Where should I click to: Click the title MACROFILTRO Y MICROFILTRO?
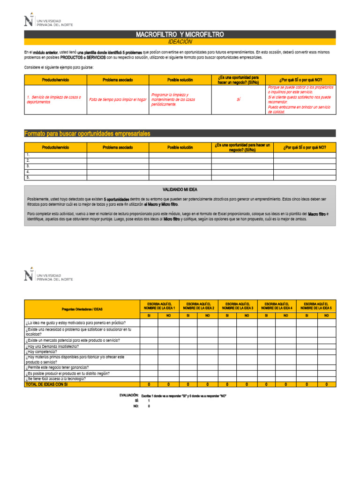(180, 34)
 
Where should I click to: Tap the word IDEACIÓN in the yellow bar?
(180, 42)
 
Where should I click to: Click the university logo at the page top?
(49, 22)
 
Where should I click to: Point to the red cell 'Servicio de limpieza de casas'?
(54, 99)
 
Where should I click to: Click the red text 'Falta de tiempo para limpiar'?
(118, 99)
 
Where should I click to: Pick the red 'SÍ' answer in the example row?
(238, 99)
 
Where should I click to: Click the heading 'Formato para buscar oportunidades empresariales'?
(87, 134)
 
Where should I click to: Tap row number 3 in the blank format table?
(29, 166)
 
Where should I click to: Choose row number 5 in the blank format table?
(29, 178)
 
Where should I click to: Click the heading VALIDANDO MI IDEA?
(180, 189)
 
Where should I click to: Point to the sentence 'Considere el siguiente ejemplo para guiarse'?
(59, 67)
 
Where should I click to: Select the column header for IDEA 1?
(159, 306)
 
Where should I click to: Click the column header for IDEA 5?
(316, 306)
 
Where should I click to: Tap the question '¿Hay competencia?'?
(42, 352)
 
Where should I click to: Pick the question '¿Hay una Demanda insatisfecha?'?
(52, 346)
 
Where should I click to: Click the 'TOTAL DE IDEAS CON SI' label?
(47, 384)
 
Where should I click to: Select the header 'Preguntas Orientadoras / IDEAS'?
(82, 309)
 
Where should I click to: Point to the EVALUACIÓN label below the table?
(129, 396)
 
